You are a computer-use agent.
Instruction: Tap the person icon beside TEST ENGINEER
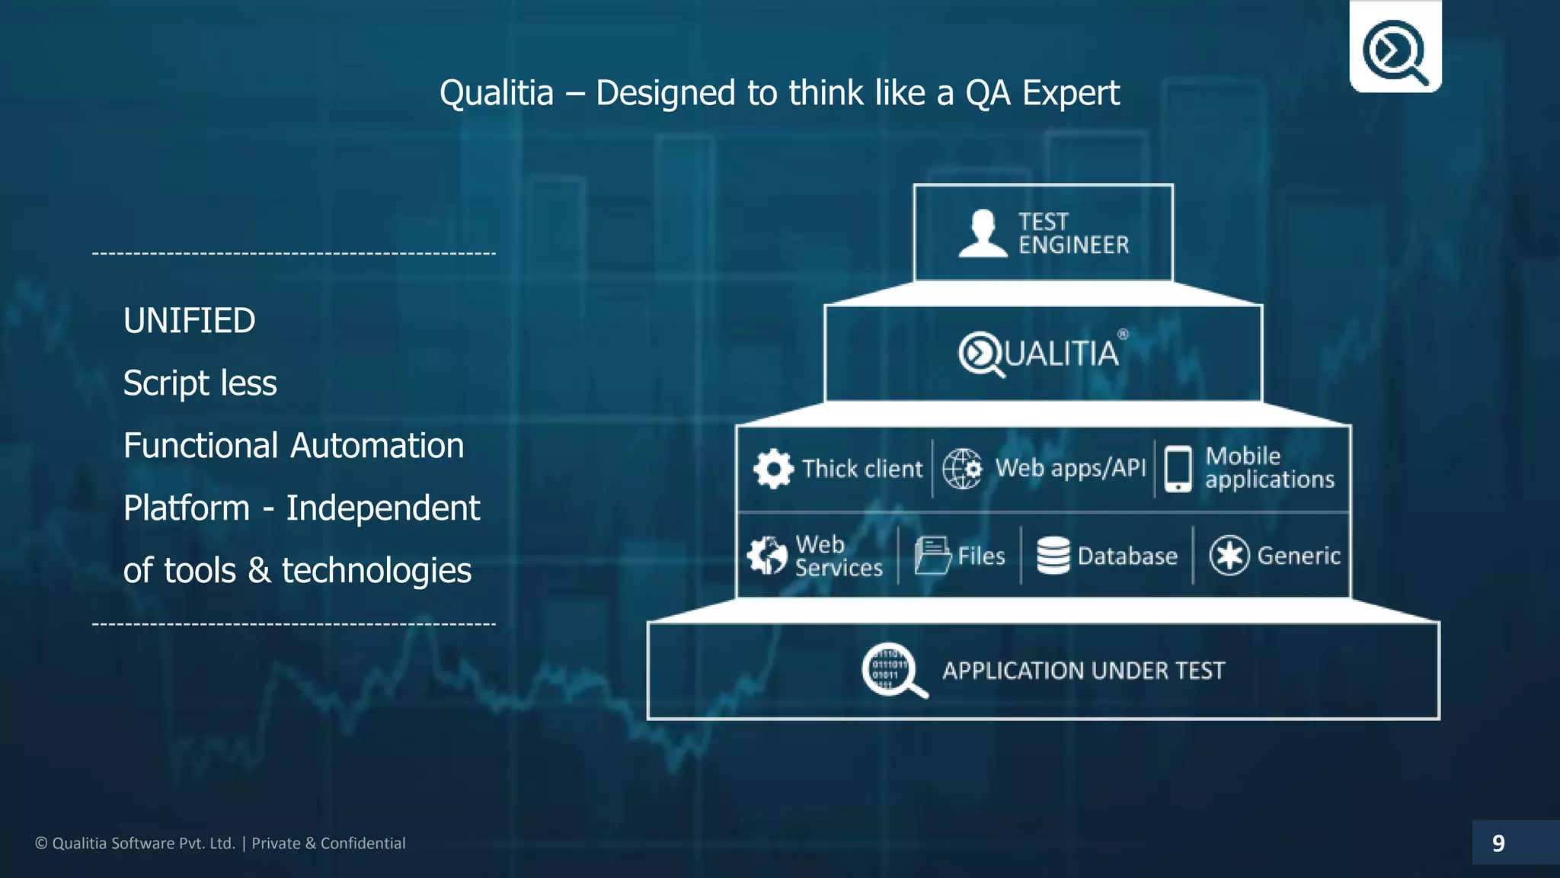coord(983,233)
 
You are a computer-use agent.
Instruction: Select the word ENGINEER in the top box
coord(1073,245)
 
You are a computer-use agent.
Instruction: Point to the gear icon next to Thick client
coord(773,469)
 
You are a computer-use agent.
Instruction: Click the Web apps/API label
coord(1069,468)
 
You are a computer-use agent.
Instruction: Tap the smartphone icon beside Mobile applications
coord(1178,469)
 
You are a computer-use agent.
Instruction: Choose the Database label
coord(1127,556)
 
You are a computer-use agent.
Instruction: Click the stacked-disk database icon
coord(1053,556)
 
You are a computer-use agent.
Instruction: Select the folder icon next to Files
coord(932,556)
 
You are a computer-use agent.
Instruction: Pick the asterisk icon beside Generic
coord(1229,556)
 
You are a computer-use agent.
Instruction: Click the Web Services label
coord(838,556)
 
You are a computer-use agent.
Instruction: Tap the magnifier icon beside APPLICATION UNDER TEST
coord(893,671)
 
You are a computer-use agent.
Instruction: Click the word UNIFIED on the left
coord(189,321)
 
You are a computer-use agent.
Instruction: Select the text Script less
coord(200,383)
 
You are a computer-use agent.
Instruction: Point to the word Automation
coord(377,446)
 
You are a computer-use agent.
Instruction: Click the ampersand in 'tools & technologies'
coord(259,571)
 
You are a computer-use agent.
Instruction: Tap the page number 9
coord(1498,844)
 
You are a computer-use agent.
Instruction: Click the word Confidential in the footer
coord(363,844)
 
